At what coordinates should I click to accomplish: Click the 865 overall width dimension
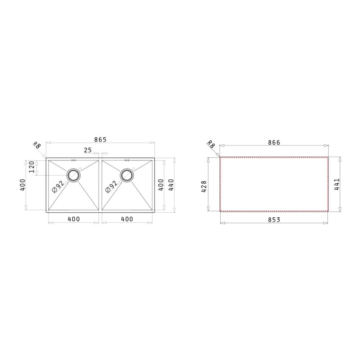(100, 139)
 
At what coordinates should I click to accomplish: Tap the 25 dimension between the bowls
(88, 150)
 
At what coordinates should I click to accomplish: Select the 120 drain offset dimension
(31, 167)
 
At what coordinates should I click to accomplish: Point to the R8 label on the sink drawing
(37, 145)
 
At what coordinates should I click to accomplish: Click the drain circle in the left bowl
(74, 175)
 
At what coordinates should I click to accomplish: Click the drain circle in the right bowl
(127, 175)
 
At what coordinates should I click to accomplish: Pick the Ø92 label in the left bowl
(58, 186)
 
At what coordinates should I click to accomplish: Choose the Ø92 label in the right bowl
(111, 186)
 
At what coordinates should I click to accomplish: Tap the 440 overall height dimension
(171, 185)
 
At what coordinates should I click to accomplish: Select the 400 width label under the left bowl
(73, 219)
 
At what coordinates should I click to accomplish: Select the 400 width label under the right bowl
(127, 219)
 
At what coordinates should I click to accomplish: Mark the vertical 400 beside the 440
(161, 185)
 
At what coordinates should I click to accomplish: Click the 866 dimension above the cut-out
(274, 143)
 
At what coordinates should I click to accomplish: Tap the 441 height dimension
(337, 185)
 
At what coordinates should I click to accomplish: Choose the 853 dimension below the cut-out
(274, 220)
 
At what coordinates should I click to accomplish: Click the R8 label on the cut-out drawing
(211, 144)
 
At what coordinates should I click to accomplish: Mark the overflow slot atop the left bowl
(73, 160)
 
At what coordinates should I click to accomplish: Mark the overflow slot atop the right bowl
(127, 160)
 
